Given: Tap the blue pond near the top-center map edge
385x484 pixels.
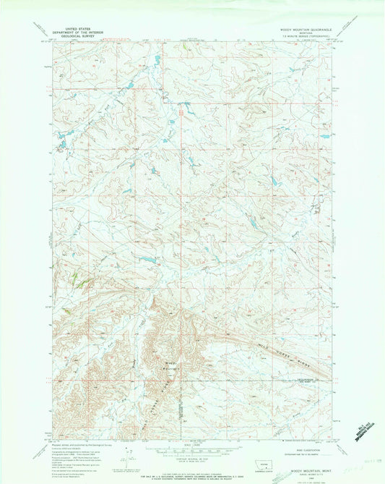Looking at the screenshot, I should pos(154,61).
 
